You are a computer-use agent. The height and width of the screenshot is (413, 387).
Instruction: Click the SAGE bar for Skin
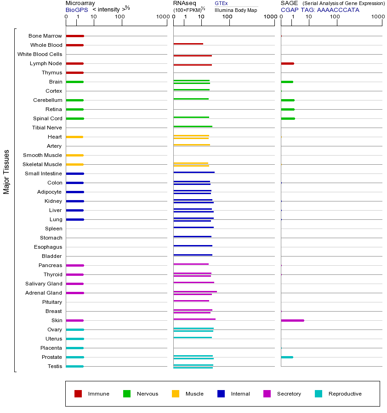292,320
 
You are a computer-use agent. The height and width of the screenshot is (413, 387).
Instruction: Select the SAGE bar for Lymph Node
287,63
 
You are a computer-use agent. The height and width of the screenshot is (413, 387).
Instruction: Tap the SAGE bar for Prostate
287,357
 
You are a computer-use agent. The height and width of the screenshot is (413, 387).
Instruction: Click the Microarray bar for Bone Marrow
75,36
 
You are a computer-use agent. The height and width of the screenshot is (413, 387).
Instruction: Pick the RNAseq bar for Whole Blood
188,44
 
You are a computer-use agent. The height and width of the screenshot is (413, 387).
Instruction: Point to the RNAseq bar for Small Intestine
194,172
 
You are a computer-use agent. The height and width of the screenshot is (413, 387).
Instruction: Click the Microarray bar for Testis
74,366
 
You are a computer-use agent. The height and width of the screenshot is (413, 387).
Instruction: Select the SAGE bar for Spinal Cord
288,118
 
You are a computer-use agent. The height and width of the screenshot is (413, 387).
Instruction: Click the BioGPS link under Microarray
76,10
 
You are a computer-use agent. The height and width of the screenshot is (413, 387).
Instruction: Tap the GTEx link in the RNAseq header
221,3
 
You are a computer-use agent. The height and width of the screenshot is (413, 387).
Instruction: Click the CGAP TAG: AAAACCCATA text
320,10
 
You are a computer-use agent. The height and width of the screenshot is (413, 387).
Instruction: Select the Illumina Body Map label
236,10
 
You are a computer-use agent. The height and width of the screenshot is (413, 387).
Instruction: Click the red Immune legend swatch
78,394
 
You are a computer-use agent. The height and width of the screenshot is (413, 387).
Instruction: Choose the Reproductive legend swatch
319,394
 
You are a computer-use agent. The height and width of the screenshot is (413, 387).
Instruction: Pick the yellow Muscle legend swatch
176,394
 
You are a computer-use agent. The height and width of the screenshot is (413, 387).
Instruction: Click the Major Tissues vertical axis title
6,172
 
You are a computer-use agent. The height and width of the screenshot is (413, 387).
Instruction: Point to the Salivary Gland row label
44,284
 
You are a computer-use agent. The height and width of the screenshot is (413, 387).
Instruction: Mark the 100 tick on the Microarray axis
120,17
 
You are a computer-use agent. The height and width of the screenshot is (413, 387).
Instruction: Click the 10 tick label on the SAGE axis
309,17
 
